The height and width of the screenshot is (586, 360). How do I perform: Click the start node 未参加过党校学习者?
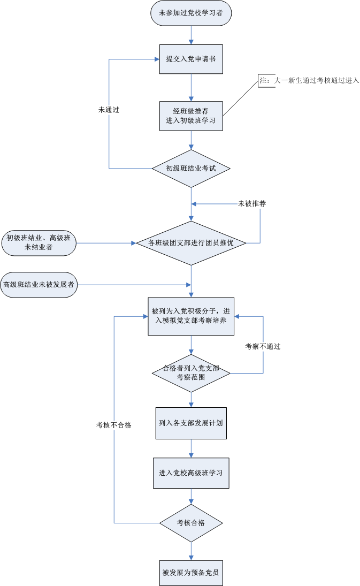click(191, 13)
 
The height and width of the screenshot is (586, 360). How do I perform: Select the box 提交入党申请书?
click(191, 59)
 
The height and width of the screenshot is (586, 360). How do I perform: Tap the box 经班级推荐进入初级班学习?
click(191, 116)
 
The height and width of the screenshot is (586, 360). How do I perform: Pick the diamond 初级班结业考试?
click(191, 169)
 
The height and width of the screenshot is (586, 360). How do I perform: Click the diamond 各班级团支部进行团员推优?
click(191, 243)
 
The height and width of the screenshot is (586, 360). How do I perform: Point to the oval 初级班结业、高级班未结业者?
click(39, 243)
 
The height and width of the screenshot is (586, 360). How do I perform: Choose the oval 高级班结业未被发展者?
click(39, 285)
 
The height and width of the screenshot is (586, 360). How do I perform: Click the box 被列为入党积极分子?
click(191, 316)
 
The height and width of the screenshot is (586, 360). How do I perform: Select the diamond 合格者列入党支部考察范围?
click(191, 373)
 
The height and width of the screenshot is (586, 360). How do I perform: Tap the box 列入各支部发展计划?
click(191, 423)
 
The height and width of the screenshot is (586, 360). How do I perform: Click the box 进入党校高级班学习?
click(191, 473)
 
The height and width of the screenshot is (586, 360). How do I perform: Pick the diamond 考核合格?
click(191, 523)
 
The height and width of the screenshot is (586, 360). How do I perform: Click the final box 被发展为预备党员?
click(191, 573)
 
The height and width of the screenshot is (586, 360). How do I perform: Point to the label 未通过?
click(109, 110)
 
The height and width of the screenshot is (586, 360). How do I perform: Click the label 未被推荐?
click(252, 204)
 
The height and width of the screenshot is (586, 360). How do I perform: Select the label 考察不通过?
click(263, 346)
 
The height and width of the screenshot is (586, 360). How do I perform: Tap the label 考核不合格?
click(113, 425)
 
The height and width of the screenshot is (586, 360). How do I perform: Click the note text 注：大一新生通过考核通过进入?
click(309, 80)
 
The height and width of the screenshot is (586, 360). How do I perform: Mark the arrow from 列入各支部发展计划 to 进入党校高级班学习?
click(191, 448)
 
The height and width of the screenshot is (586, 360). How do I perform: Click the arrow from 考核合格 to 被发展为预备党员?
click(191, 551)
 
